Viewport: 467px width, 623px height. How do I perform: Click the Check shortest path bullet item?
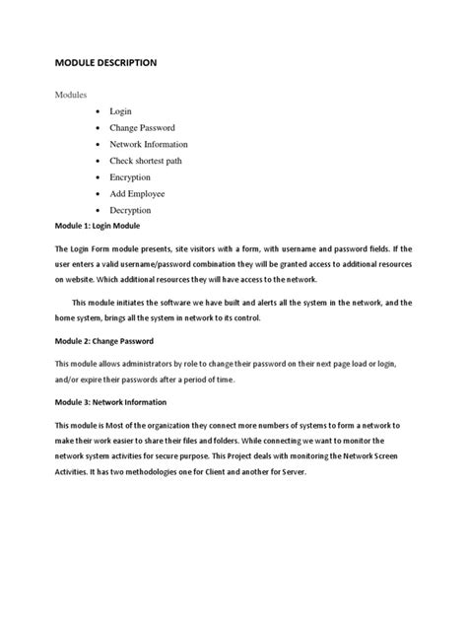pos(161,162)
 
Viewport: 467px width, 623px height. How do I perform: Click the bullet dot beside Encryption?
pos(100,178)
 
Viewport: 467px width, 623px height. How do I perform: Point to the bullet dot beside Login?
pos(100,113)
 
